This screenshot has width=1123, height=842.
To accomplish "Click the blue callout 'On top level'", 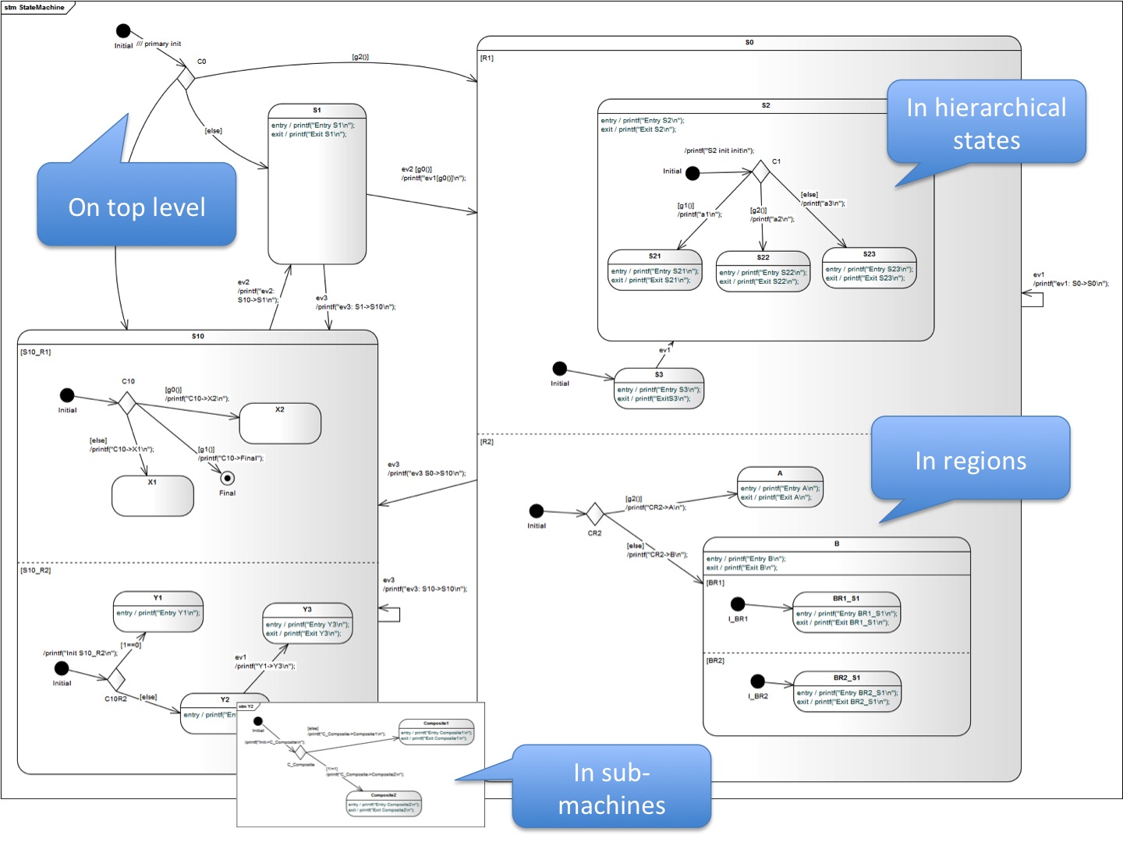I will coord(136,206).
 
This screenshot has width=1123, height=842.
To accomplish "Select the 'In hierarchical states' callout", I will coord(987,122).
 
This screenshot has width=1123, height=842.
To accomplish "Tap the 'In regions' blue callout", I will coord(970,460).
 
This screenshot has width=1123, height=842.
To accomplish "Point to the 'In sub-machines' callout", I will coord(611,787).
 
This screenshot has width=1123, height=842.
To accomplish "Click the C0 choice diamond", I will coord(186,78).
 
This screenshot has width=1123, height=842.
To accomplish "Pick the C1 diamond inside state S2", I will coord(760,172).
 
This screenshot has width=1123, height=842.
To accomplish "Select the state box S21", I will coord(655,270).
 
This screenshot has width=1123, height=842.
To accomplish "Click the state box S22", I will coord(763,271).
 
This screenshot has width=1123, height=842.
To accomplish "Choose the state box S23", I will coord(869,268).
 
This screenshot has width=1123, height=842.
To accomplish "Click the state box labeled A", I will coord(780,487).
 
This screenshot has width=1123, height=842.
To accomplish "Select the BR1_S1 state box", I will coord(846,611).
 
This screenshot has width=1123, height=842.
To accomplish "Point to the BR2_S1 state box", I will coord(846,692).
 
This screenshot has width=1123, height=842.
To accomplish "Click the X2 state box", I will coord(280,423).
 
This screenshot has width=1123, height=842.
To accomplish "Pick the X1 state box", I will coord(153,496).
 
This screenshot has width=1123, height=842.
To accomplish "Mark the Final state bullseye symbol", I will coord(228,478).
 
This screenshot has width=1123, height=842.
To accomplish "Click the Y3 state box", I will coord(307,623).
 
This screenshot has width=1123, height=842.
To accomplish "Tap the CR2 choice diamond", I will coord(595,514).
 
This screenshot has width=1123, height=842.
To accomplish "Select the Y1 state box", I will coord(158,610).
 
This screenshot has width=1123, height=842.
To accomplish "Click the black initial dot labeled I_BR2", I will coord(757,681).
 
